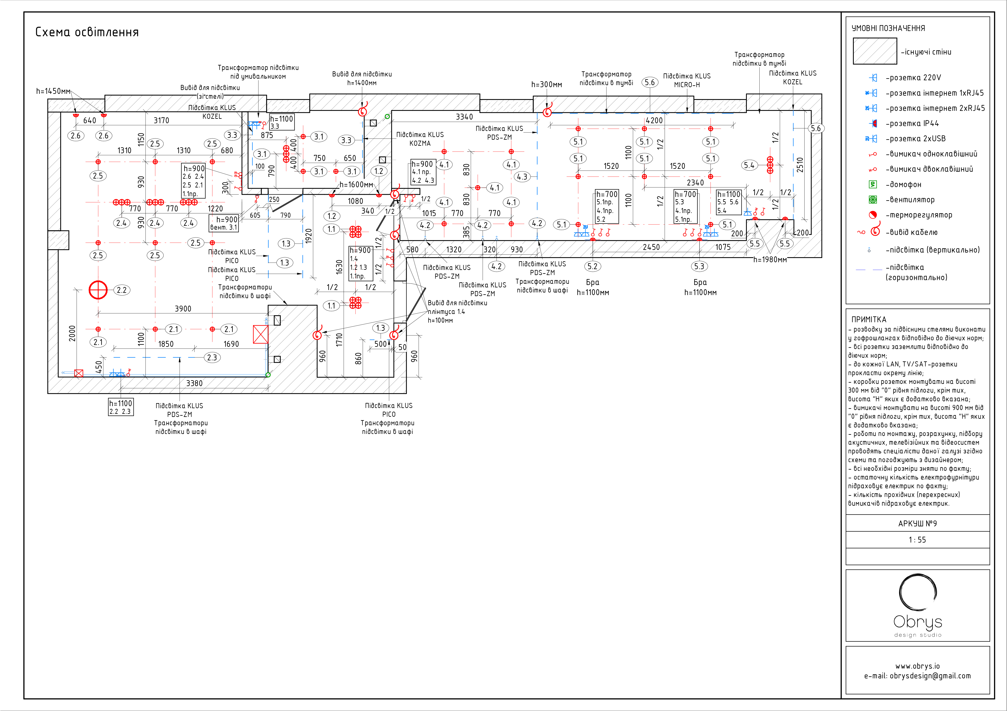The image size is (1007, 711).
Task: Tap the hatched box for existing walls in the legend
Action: [x=874, y=51]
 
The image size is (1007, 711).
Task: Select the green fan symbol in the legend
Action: [x=873, y=200]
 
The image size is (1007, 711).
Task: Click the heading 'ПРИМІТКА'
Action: [x=868, y=319]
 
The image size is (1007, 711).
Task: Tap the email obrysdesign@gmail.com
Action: [x=918, y=676]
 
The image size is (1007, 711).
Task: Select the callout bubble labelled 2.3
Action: [x=212, y=358]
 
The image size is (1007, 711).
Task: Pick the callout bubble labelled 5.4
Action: [x=749, y=165]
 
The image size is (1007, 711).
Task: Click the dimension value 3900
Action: [x=183, y=309]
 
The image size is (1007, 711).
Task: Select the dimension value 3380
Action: [x=194, y=383]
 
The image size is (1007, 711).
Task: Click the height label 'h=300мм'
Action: [x=547, y=85]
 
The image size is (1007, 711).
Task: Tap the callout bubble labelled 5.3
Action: [x=699, y=266]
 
